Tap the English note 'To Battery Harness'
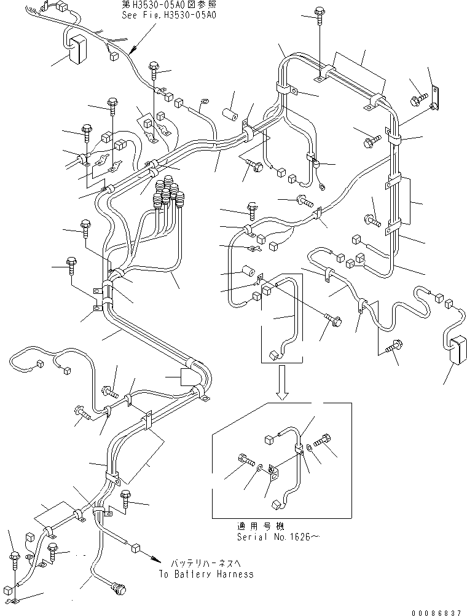coord(205,574)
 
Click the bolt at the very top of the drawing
coord(321,14)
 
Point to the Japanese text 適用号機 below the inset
coord(254,526)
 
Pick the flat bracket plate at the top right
coord(436,97)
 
